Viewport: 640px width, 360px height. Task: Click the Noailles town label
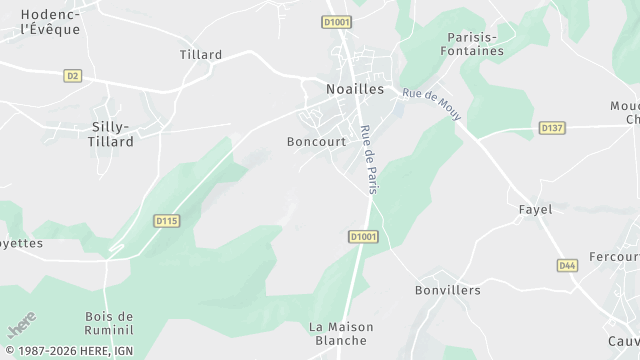tap(355, 89)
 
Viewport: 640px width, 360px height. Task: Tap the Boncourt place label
tap(316, 142)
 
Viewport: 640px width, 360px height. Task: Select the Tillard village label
tap(201, 55)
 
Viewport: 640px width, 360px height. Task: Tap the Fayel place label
tap(535, 210)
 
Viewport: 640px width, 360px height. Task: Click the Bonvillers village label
tap(448, 290)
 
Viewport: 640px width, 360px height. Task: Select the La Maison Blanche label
tap(341, 333)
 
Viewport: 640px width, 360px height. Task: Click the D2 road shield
tap(72, 75)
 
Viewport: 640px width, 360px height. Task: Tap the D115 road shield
tap(166, 220)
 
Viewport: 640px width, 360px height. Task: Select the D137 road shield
tap(552, 127)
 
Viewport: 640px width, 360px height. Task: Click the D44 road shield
tap(567, 265)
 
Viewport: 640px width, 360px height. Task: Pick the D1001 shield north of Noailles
tap(336, 21)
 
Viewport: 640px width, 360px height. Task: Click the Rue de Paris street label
tap(367, 159)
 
